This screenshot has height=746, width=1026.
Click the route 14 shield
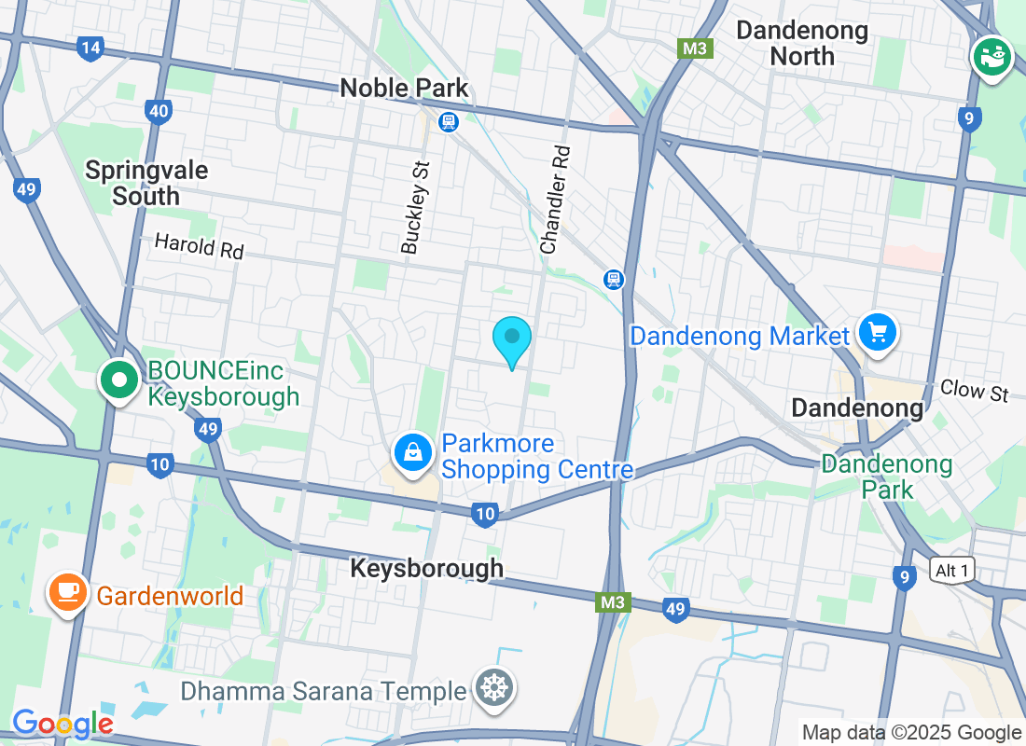pos(90,48)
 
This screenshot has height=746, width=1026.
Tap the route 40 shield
pos(159,112)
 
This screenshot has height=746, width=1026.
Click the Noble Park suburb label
pos(404,88)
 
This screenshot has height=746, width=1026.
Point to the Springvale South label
pos(146,183)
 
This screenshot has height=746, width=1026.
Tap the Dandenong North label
pos(802,43)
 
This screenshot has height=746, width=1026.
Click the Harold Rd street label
pos(199,246)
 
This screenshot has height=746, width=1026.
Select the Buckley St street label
pos(416,208)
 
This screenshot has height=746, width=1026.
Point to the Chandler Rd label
pos(555,200)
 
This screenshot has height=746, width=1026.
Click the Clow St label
pos(974,390)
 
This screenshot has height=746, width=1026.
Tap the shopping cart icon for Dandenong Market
pos(877,332)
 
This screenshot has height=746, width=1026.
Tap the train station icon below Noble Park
pos(450,121)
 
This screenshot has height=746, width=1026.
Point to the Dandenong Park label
pos(886,477)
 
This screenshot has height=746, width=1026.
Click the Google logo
pos(62,724)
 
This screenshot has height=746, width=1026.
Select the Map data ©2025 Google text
pos(911,733)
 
